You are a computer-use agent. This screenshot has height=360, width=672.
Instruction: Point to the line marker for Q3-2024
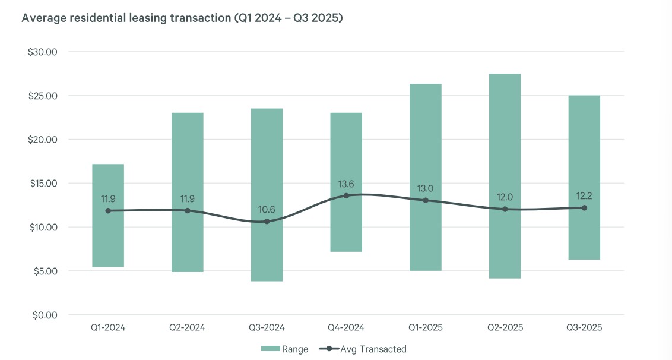(x=267, y=222)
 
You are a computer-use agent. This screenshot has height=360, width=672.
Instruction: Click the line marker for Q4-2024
(x=346, y=195)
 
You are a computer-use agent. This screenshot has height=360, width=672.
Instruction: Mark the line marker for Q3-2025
(x=584, y=208)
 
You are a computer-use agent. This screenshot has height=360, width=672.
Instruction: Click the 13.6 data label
(x=346, y=184)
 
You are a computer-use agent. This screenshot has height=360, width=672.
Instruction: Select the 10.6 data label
(x=267, y=210)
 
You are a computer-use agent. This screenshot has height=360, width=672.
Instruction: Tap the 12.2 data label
(x=584, y=196)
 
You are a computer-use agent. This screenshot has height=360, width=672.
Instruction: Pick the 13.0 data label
(x=426, y=189)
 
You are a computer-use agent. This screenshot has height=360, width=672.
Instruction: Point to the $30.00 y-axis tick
(x=42, y=52)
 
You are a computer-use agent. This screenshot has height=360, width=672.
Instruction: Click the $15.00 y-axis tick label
(x=42, y=184)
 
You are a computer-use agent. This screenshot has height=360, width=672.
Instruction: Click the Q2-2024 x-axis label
(x=187, y=327)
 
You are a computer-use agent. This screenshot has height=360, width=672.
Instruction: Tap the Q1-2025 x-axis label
(x=426, y=327)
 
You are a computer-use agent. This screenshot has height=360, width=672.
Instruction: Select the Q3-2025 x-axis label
(x=584, y=327)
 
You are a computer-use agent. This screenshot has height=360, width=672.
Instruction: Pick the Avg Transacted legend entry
(x=363, y=349)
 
